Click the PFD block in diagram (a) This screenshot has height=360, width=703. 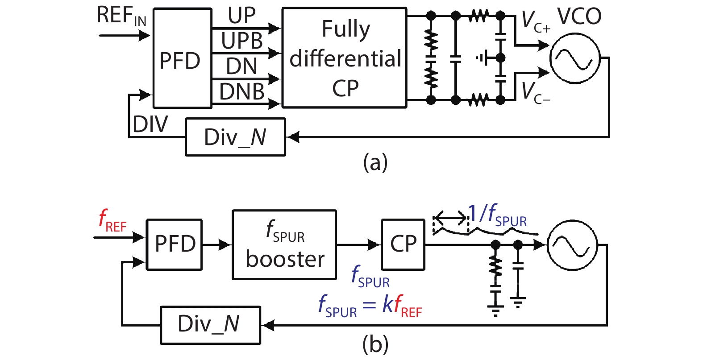(x=182, y=59)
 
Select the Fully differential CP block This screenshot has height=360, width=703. (x=344, y=58)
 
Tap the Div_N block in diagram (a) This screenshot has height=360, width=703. (x=235, y=137)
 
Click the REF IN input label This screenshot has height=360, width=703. (x=121, y=16)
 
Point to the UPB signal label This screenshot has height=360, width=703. (x=242, y=41)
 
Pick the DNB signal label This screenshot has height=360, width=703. (x=242, y=92)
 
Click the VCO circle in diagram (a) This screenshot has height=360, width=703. (x=574, y=58)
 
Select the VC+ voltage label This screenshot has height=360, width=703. (x=535, y=21)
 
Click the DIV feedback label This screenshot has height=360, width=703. (x=150, y=124)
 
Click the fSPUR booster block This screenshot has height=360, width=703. (x=284, y=245)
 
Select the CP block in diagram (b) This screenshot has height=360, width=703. (x=403, y=244)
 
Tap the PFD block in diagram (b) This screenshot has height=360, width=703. (x=175, y=244)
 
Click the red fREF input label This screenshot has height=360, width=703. (x=112, y=221)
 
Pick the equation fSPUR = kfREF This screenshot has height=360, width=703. (x=370, y=306)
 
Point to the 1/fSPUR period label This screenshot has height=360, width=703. (x=497, y=215)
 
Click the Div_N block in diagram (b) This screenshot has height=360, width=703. (x=210, y=325)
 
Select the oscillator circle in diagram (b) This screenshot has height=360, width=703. (x=572, y=245)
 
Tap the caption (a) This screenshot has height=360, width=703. (x=375, y=162)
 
